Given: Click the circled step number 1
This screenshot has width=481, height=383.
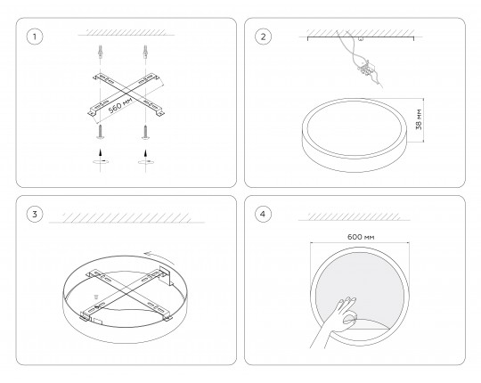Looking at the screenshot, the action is (35, 37).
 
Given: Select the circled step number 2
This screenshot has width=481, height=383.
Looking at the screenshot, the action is (263, 37).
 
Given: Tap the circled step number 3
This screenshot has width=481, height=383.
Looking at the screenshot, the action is (35, 214).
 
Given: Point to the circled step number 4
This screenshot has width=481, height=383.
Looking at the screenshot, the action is (263, 214).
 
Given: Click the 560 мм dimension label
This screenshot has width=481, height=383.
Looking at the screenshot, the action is (120, 105).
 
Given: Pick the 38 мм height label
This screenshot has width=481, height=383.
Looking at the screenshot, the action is (419, 119).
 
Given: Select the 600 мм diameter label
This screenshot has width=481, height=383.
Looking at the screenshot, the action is (361, 237).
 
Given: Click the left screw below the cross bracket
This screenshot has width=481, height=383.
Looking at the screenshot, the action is (100, 132).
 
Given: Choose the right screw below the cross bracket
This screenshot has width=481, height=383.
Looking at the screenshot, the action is (145, 132).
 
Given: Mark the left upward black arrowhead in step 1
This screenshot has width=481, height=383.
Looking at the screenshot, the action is (100, 152).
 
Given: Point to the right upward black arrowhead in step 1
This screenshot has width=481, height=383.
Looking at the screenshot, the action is (145, 152).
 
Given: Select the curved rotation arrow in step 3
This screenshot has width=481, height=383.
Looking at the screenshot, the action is (160, 257).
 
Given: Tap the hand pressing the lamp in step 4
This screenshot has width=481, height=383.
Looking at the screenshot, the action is (335, 322).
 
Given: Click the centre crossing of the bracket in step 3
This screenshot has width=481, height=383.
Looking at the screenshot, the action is (126, 293).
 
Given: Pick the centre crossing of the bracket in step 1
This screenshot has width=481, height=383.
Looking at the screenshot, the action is (126, 93).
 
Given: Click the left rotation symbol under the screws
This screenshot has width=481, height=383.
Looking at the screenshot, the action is (101, 161).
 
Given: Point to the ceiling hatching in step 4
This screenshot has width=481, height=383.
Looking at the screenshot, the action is (354, 216).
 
